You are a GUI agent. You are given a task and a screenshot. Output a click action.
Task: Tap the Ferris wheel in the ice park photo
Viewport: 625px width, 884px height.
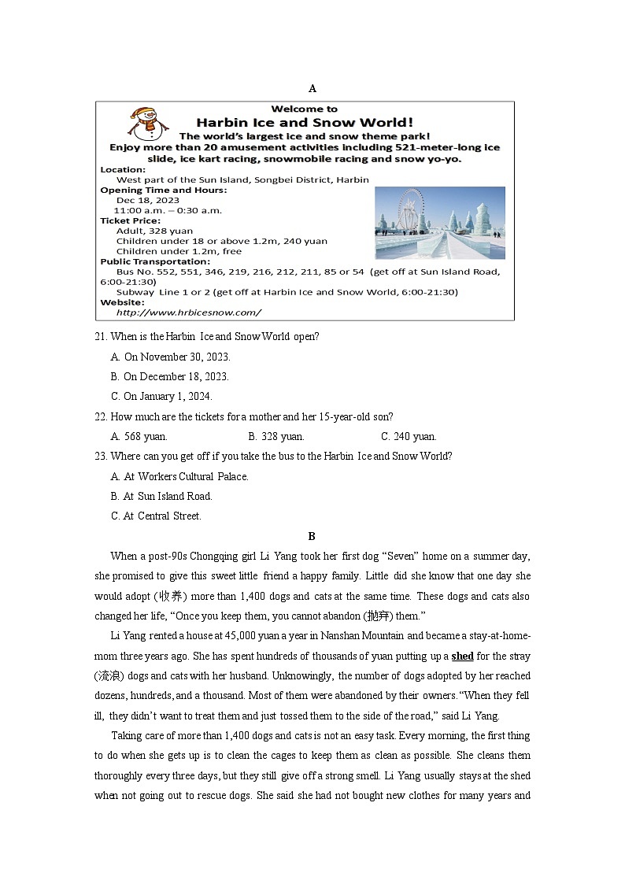coord(410,213)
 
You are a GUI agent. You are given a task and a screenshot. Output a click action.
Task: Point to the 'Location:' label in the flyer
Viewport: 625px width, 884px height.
coord(123,169)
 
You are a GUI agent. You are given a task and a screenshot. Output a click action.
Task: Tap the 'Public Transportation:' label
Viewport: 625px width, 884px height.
coord(155,261)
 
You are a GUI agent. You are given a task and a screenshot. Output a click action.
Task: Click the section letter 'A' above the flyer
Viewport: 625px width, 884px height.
coord(312,88)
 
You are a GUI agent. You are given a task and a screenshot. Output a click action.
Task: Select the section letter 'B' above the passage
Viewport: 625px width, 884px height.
coord(312,536)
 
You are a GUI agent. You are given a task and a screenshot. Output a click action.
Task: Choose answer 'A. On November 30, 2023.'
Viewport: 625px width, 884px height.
coord(170,357)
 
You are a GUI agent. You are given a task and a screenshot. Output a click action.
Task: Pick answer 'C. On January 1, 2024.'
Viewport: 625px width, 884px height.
coord(161,397)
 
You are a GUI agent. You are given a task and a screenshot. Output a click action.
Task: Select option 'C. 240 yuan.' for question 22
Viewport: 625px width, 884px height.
coord(409,437)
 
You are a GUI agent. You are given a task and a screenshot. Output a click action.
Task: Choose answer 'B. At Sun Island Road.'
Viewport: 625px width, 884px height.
coord(162,497)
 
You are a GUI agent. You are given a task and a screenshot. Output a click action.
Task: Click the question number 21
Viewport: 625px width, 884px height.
coord(100,337)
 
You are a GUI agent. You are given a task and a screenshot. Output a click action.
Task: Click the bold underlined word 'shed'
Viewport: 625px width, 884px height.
coord(462,656)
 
